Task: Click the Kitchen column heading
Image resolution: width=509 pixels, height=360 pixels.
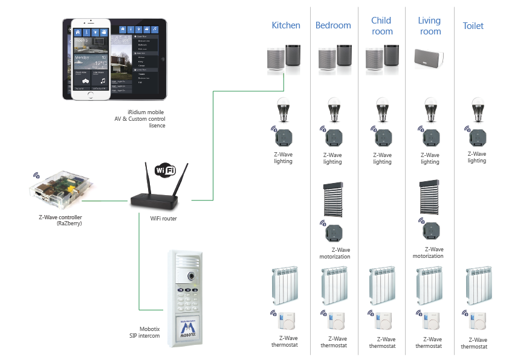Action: (x=286, y=25)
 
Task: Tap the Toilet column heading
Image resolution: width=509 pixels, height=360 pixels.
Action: (x=473, y=26)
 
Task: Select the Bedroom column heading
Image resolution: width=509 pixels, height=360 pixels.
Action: (x=333, y=25)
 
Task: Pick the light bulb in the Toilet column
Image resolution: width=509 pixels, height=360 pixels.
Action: (x=477, y=110)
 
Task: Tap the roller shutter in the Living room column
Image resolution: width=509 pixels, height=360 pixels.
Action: (x=430, y=196)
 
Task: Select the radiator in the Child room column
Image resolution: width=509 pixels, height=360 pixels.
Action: (x=382, y=286)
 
